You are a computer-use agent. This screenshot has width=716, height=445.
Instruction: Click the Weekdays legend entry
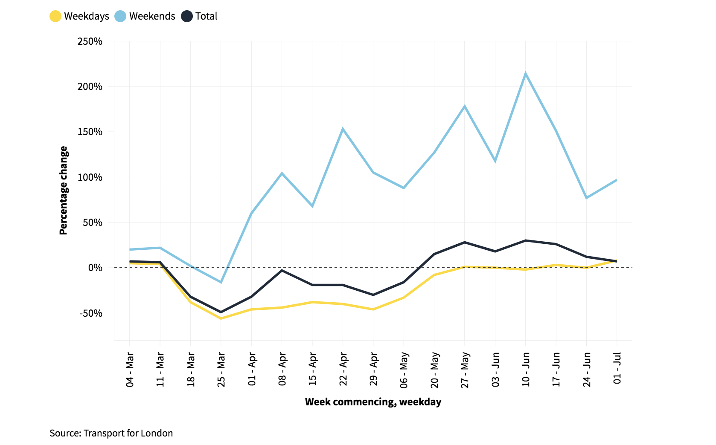pos(80,16)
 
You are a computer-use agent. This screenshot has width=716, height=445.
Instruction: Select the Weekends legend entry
pos(146,16)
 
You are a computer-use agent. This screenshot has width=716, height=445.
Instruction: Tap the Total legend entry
pos(200,16)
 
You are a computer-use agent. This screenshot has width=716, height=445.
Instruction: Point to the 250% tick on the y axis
pos(90,41)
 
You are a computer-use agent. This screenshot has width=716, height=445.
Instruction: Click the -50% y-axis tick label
pos(90,313)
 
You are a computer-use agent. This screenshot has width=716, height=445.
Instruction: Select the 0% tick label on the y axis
pos(95,268)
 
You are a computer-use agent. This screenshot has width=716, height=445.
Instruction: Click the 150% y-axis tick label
pos(90,132)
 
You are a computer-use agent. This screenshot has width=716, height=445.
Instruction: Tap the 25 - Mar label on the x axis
pos(221,369)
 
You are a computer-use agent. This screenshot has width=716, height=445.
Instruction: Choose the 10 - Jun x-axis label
pos(526,369)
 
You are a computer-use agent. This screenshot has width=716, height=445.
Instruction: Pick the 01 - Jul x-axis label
pos(617,368)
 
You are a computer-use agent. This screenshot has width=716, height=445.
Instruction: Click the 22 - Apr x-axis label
pos(343,369)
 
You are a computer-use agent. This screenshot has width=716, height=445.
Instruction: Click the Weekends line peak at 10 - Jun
pos(526,73)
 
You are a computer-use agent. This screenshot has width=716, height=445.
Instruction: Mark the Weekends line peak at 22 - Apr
pos(343,129)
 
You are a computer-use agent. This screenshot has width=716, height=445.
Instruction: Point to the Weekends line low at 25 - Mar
pos(221,282)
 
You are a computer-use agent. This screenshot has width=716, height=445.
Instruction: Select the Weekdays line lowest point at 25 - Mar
pos(221,318)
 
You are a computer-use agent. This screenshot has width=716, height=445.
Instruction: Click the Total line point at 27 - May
pos(465,242)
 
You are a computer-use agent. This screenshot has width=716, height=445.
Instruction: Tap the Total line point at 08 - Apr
pos(282,270)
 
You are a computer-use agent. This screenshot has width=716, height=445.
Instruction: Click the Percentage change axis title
pos(63,191)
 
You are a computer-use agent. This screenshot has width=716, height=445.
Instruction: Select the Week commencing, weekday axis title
pos(373,402)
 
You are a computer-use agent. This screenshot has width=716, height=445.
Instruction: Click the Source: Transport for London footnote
pos(111,433)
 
